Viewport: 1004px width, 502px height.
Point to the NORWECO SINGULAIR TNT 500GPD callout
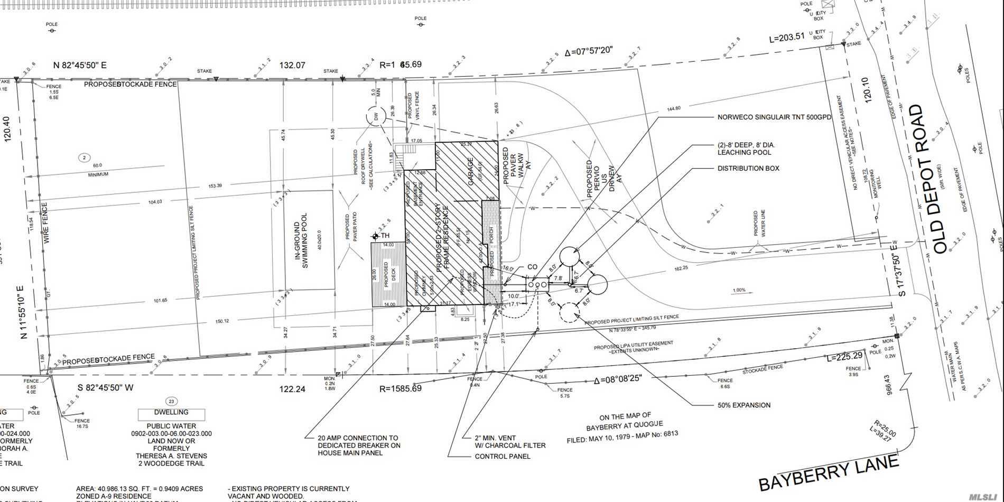click(774, 117)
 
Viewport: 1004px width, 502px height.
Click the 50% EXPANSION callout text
click(744, 405)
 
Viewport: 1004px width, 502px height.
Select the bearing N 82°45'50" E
click(80, 66)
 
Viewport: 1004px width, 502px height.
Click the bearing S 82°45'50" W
click(106, 387)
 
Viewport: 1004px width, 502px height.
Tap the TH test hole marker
click(376, 236)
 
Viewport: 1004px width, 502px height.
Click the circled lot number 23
click(171, 401)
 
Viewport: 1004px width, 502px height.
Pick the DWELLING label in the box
click(171, 412)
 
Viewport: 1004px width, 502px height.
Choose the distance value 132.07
click(292, 66)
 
